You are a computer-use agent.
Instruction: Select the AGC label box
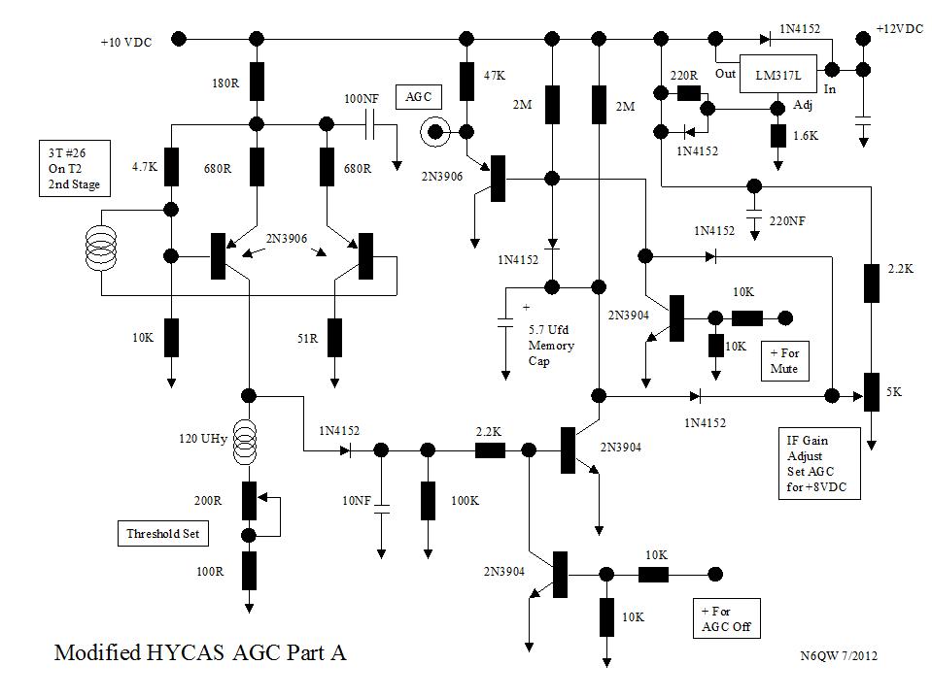(x=418, y=96)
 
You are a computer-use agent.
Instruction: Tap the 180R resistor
(x=257, y=82)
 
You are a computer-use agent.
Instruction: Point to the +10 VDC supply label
(x=126, y=42)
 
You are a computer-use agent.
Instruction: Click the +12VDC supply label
(x=899, y=29)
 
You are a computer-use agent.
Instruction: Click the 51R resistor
(x=335, y=337)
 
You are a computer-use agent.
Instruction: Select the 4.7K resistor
(x=171, y=166)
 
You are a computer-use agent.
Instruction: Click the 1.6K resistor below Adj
(x=777, y=136)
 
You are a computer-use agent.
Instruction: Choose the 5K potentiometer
(x=871, y=393)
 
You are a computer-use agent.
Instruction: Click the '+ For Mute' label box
(x=784, y=359)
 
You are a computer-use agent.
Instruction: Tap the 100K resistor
(x=428, y=500)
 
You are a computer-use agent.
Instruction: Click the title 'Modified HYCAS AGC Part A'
(x=199, y=652)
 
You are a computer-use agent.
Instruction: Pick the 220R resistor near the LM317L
(x=689, y=93)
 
